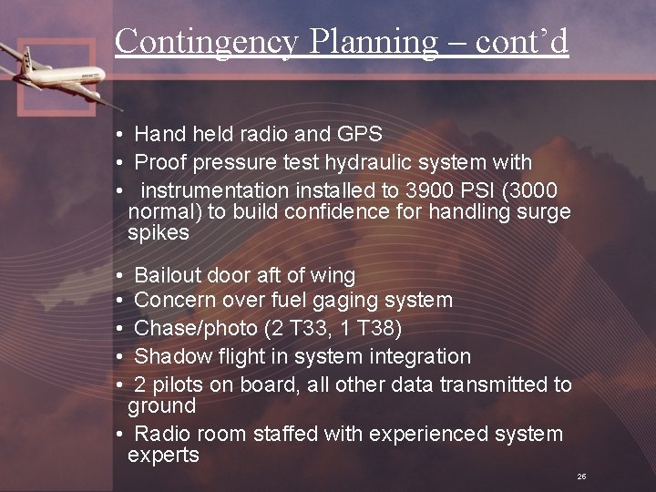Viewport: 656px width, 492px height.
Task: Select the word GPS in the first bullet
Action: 359,135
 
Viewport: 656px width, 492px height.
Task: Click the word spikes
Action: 159,232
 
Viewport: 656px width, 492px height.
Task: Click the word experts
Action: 163,456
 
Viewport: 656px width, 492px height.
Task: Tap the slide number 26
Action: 580,477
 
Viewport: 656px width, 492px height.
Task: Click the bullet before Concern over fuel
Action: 120,301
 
